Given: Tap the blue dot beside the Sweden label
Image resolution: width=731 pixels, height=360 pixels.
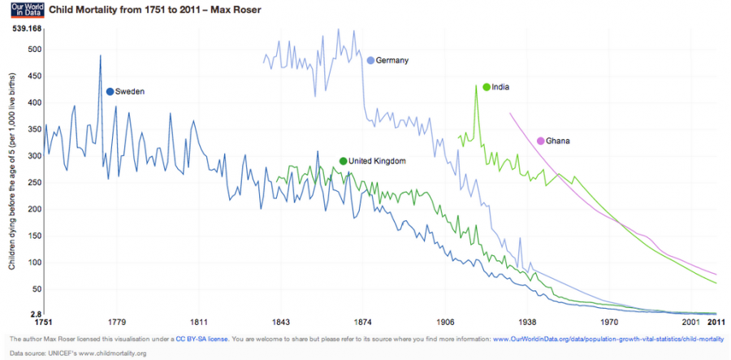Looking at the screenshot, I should coord(110,91).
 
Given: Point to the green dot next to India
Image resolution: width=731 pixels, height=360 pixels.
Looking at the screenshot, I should coord(486,87).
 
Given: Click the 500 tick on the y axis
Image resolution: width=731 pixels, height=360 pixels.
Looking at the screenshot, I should coord(33,50).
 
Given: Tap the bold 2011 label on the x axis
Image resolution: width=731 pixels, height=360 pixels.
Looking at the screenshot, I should coord(715,322).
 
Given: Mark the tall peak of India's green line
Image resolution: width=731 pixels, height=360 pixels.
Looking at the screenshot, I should coord(476,85).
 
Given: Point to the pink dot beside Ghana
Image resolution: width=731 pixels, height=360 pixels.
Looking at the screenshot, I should coord(541,141).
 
